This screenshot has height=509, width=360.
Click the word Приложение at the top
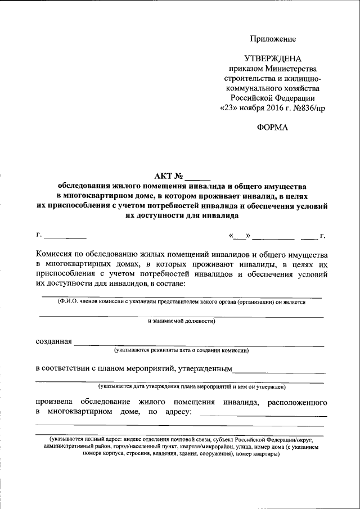point(273,39)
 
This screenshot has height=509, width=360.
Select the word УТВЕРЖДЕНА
point(273,59)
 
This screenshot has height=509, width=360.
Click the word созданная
point(53,341)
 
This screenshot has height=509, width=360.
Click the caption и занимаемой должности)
point(181,322)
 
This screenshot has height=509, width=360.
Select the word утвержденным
point(205,369)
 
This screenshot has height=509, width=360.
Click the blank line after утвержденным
point(279,372)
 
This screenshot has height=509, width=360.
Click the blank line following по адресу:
point(264,415)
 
